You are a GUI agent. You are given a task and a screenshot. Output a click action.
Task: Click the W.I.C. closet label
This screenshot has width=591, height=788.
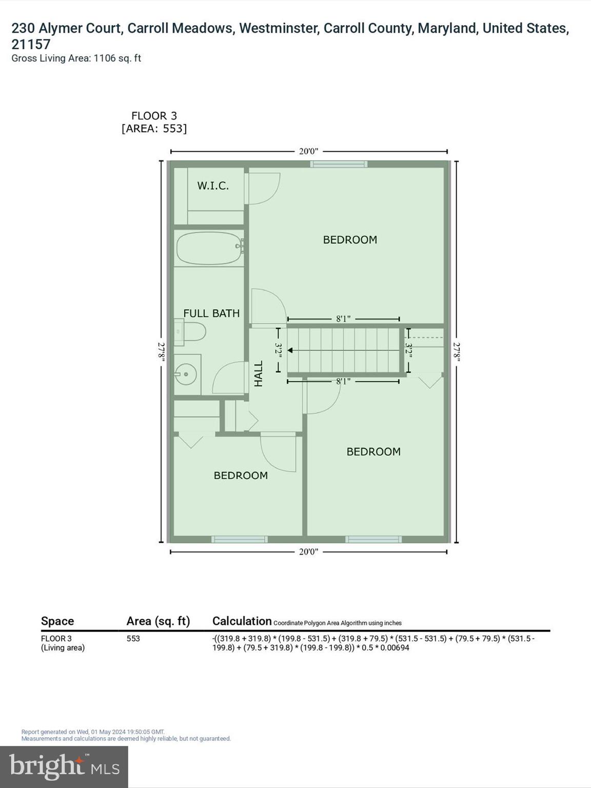[x=213, y=186]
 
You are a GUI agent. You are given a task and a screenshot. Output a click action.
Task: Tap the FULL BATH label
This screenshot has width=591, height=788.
[x=211, y=313]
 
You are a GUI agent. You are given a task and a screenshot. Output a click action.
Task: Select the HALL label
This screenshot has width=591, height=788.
[x=259, y=373]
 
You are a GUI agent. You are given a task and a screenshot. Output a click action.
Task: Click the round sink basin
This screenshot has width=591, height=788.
[x=185, y=373]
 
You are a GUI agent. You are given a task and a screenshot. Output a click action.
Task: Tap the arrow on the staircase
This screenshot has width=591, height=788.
[x=290, y=350]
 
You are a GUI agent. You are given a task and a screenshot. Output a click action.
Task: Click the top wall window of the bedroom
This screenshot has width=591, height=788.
[x=339, y=164]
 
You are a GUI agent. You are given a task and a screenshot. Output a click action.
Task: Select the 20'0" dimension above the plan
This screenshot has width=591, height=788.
[x=308, y=151]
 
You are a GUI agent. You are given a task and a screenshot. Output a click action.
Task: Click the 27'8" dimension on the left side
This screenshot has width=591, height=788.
[x=162, y=352]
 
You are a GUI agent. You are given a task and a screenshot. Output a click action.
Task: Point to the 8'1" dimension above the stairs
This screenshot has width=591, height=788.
[x=343, y=319]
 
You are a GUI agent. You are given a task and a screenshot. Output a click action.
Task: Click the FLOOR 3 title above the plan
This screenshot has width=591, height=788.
[x=154, y=116]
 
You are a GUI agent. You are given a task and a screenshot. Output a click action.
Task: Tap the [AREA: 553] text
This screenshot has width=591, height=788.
[x=154, y=128]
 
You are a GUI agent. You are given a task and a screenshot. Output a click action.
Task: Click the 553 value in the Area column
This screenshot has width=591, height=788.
[x=133, y=639]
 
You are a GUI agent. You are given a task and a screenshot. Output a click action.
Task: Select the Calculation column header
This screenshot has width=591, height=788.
[x=242, y=621]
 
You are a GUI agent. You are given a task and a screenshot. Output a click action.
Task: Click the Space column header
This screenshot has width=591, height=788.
[x=57, y=621]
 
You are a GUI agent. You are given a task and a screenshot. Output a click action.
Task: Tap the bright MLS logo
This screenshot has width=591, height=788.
[x=64, y=766]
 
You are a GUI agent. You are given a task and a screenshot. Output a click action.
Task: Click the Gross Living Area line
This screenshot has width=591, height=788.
[x=76, y=58]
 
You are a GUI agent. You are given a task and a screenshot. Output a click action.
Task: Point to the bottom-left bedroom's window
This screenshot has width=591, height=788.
[x=240, y=539]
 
